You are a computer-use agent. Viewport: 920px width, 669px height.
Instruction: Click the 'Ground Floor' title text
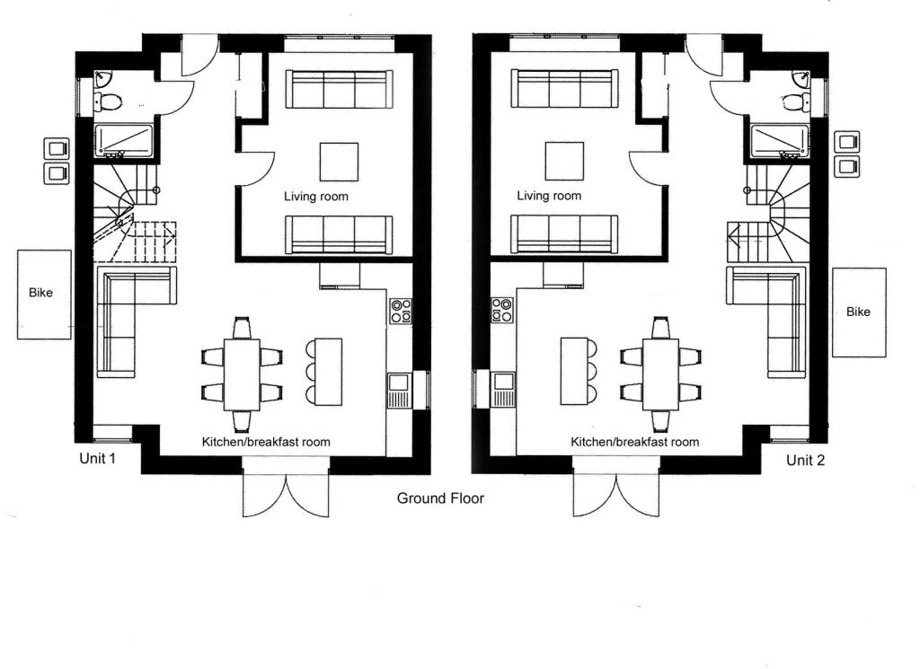(x=440, y=498)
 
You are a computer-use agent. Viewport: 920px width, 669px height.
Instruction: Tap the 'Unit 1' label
(x=97, y=458)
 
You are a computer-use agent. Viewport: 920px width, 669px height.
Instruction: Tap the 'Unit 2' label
(x=805, y=461)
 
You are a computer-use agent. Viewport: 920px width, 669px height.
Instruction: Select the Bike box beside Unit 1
(x=44, y=295)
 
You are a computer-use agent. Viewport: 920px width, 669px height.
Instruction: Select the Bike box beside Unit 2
(x=859, y=312)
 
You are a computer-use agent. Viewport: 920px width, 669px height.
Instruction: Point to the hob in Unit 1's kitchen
(x=400, y=311)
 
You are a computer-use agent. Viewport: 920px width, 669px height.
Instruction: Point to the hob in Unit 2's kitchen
(x=502, y=310)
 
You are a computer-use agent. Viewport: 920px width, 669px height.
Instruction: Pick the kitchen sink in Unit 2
(x=503, y=390)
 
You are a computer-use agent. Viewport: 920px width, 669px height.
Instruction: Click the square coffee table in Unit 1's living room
(x=339, y=162)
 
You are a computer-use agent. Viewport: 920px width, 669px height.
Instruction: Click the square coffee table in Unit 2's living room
(x=564, y=162)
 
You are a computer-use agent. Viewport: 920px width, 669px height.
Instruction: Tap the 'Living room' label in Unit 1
(x=316, y=197)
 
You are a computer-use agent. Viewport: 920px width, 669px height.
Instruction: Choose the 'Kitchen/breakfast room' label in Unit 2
(x=635, y=442)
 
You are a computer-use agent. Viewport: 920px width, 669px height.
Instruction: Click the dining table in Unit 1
(x=242, y=374)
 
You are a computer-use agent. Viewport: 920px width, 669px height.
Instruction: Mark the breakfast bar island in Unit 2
(x=574, y=371)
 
